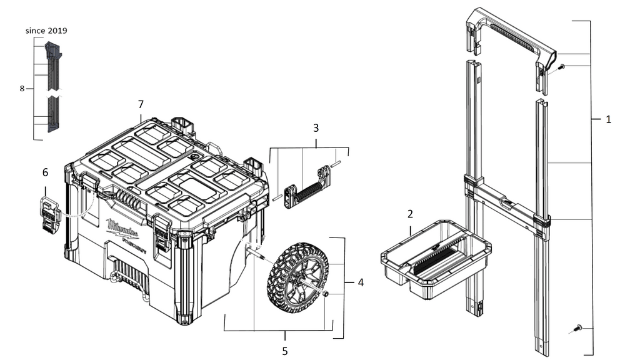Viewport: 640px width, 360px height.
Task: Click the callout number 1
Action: pos(608,119)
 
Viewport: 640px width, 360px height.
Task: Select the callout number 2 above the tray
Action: pos(410,214)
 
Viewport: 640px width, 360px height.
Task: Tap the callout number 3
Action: pos(316,128)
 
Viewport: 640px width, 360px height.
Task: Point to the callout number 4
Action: pos(361,282)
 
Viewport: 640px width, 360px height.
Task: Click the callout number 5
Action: pos(285,351)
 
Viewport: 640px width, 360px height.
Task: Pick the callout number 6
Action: pos(45,172)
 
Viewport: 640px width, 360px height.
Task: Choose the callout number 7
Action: pos(141,103)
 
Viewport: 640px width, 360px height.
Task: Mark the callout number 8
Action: pos(22,89)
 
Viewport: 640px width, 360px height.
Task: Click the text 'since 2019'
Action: pos(46,30)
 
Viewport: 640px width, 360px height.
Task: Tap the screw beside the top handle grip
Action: pos(561,67)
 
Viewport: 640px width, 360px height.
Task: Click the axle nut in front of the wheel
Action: pos(326,294)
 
